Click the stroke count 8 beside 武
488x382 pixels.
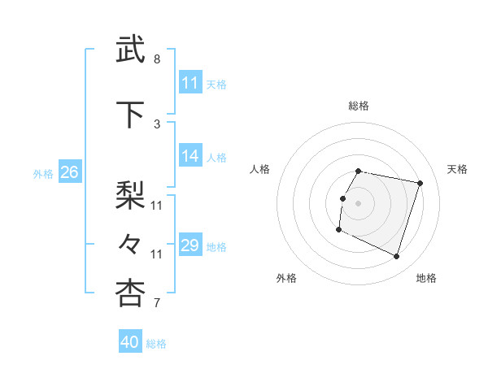coord(157,59)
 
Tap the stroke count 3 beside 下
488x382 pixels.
coord(157,124)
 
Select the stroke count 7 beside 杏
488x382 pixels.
coord(157,304)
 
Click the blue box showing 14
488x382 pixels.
coord(190,156)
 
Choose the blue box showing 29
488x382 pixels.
coord(190,245)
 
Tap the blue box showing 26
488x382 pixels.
coord(69,172)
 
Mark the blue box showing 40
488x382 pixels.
coord(130,342)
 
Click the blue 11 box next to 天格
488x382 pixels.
coord(190,83)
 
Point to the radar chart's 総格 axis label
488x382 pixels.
coord(359,106)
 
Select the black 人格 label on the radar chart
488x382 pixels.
coord(260,169)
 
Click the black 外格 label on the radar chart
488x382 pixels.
coord(286,278)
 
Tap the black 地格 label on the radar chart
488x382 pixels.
coord(426,278)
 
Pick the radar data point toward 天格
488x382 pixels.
coord(420,184)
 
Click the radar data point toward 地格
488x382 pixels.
coord(396,257)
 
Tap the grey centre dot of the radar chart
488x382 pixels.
coord(358,203)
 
